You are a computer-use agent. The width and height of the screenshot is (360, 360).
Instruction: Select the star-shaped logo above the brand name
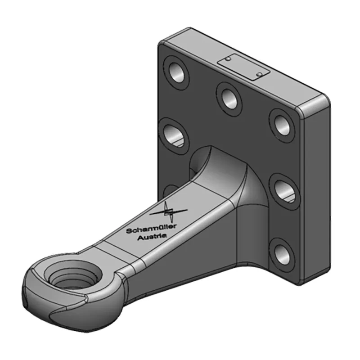coord(168,211)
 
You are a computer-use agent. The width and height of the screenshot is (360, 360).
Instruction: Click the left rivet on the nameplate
coord(229,59)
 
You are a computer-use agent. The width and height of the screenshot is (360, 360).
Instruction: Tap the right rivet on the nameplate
coord(259,73)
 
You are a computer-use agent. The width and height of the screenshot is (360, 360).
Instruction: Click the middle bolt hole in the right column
coord(283,189)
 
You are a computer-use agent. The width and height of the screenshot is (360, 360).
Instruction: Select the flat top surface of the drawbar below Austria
coord(121,252)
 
